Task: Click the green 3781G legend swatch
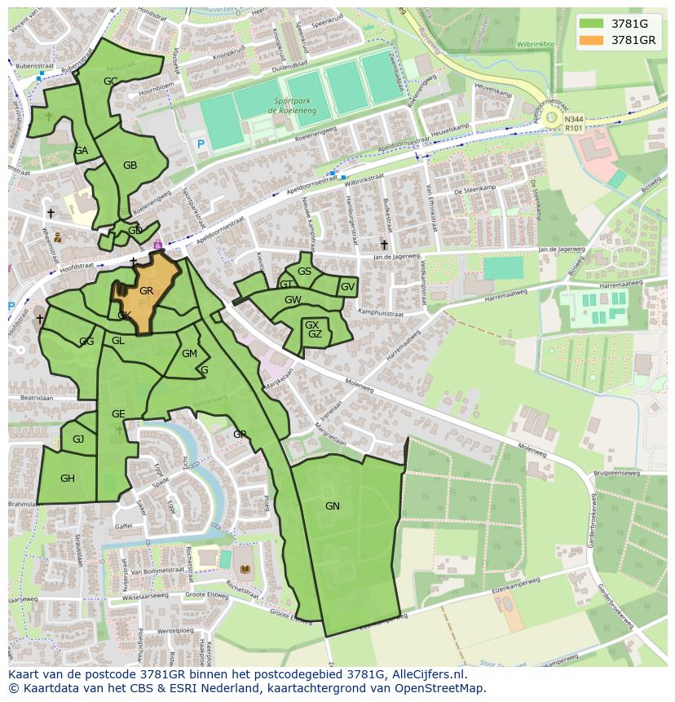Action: [592, 23]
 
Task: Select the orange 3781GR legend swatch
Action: [592, 39]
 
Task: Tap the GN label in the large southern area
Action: [332, 506]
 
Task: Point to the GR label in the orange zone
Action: [146, 291]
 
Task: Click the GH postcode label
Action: [67, 479]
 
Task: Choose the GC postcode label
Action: [110, 81]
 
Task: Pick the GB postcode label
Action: [130, 166]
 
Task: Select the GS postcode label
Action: [304, 272]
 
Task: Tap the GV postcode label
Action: [347, 287]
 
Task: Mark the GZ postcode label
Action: [315, 334]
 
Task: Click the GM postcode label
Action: [189, 354]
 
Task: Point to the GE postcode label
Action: [118, 414]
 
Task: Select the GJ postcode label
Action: [78, 439]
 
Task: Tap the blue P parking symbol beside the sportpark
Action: [201, 144]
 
